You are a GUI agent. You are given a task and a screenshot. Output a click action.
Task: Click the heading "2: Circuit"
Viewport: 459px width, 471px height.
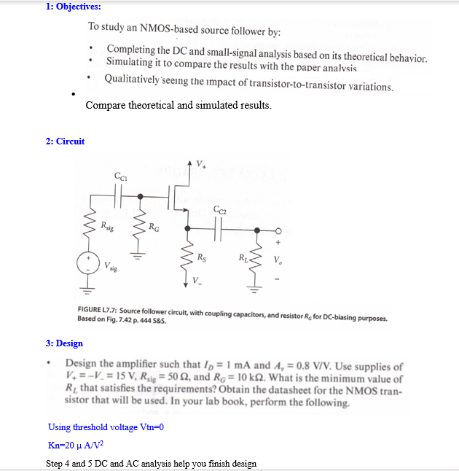65,141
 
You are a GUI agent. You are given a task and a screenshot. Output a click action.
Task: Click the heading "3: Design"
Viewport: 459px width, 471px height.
64,343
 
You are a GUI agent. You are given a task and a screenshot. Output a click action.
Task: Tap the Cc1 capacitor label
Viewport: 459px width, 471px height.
121,175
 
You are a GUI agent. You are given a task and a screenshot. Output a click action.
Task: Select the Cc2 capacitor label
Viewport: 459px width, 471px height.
221,211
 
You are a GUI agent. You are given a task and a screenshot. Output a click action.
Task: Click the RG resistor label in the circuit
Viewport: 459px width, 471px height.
154,227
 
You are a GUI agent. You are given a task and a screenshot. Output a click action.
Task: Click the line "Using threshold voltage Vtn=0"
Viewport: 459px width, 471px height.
106,427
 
